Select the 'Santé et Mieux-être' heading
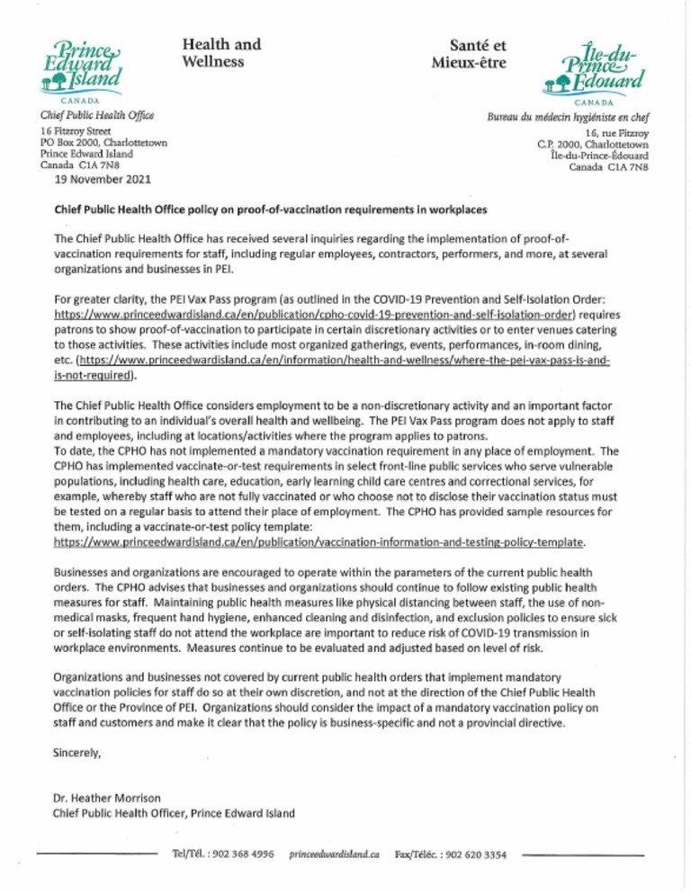point(468,52)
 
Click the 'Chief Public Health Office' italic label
point(96,115)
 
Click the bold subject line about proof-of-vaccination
point(272,210)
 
